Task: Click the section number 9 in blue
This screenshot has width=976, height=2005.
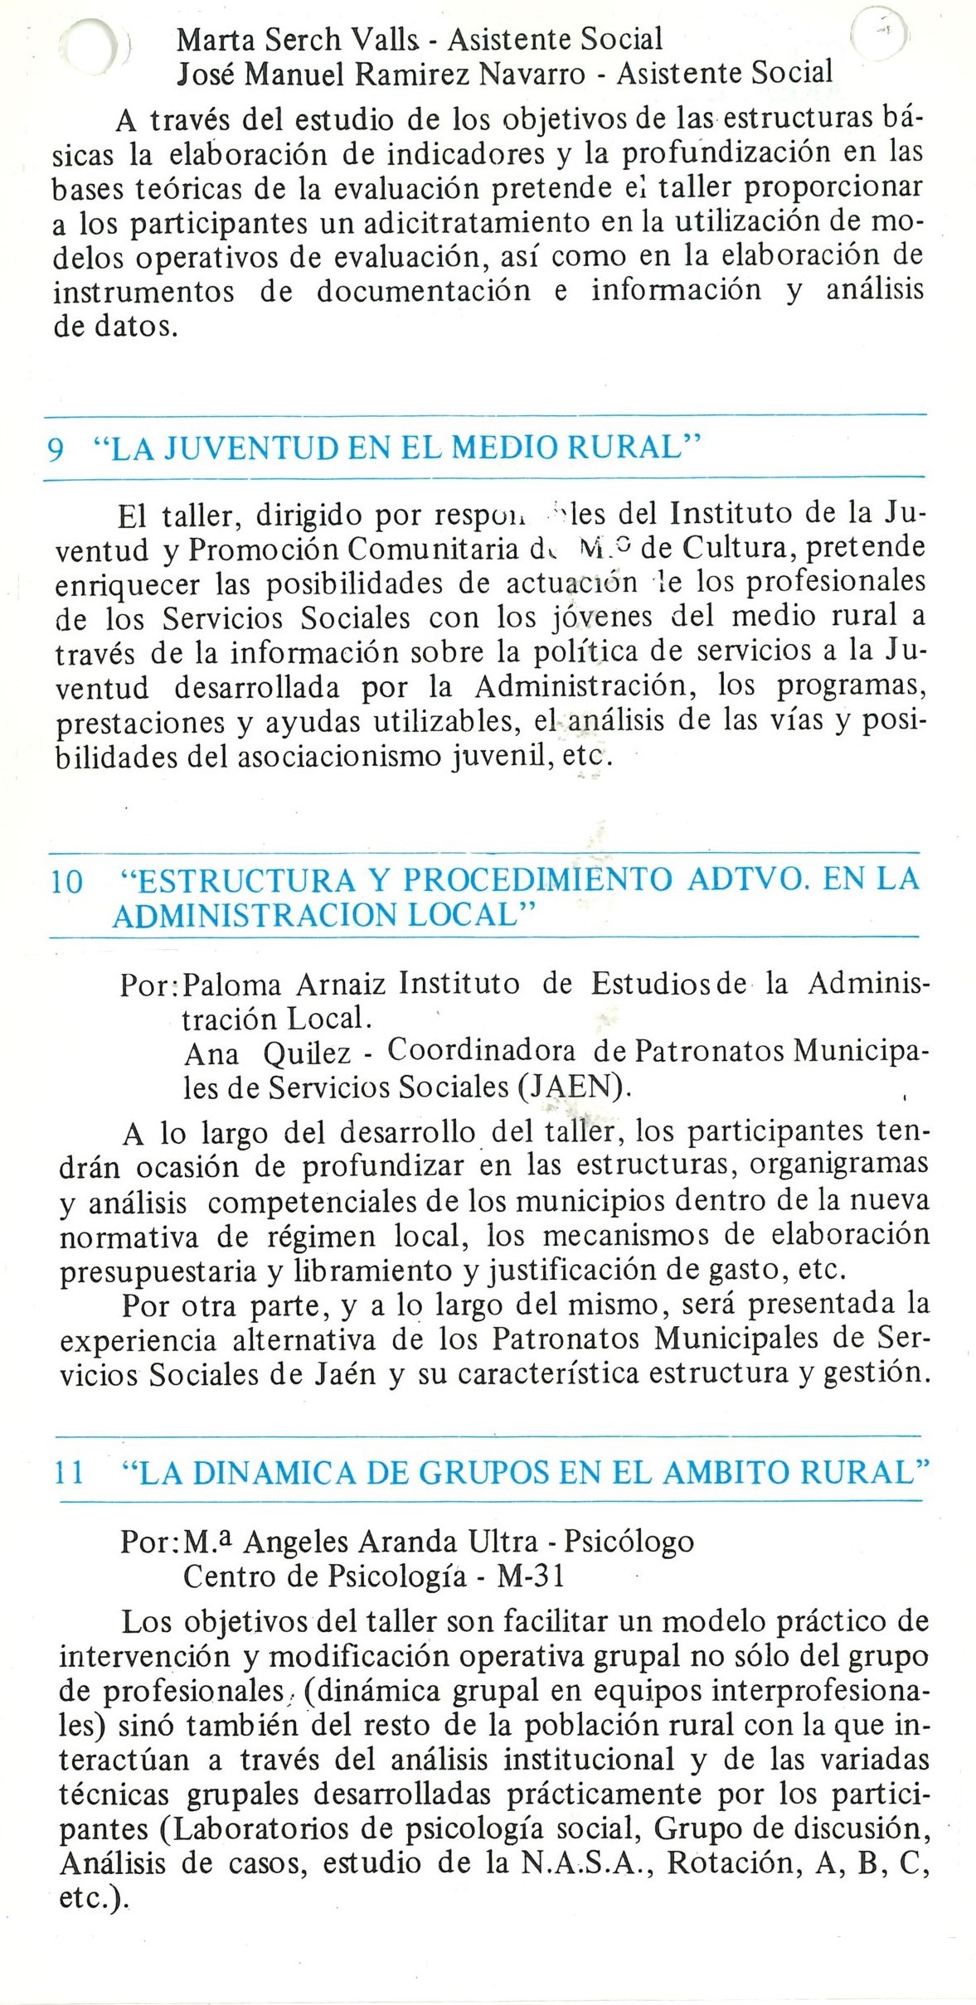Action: pos(56,449)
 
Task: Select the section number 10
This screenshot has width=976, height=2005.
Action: pos(67,882)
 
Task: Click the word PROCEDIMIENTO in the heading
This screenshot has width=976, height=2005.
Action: pos(537,880)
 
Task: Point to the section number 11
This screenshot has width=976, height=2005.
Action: pos(70,1474)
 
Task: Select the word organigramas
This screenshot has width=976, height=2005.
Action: pos(839,1166)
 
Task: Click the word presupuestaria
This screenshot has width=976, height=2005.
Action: pos(146,1271)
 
